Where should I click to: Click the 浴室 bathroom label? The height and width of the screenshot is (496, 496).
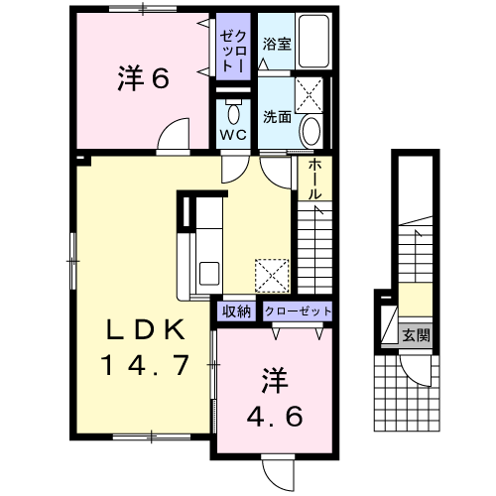(x=277, y=44)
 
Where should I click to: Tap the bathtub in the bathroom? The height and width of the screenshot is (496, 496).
(x=313, y=41)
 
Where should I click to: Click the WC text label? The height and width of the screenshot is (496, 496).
(x=233, y=135)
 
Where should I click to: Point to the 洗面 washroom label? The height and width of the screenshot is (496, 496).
(x=277, y=117)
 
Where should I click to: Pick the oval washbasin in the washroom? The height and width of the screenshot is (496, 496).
(x=311, y=131)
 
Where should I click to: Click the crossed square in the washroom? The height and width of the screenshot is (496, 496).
(x=310, y=95)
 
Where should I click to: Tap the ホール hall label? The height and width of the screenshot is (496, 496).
(x=314, y=179)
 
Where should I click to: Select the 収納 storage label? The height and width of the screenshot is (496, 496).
(x=236, y=311)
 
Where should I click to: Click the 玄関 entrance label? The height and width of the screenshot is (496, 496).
(x=416, y=335)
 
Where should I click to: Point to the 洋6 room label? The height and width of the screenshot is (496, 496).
(x=143, y=78)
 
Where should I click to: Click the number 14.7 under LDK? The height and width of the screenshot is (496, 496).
(x=147, y=365)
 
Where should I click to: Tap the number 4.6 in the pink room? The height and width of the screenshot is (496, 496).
(x=275, y=416)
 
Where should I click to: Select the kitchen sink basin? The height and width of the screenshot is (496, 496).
(x=209, y=273)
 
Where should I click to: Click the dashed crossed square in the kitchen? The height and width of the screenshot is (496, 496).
(x=272, y=276)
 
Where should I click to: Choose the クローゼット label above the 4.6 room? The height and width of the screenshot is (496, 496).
(x=298, y=311)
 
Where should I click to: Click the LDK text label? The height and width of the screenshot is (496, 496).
(x=145, y=330)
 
